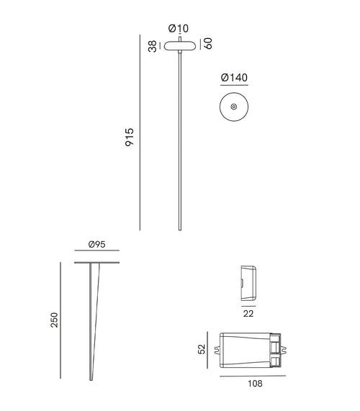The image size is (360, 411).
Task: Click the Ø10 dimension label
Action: pyautogui.click(x=178, y=28)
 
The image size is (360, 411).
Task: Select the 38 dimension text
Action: pyautogui.click(x=153, y=45)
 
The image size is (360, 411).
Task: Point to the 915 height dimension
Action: pyautogui.click(x=130, y=137)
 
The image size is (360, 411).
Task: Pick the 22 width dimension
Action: pyautogui.click(x=248, y=313)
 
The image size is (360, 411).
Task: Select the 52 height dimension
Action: pyautogui.click(x=203, y=349)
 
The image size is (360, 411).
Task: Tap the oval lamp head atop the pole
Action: pyautogui.click(x=178, y=45)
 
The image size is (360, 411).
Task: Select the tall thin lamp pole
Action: pyautogui.click(x=178, y=144)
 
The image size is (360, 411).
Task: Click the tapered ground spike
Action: pyautogui.click(x=94, y=317)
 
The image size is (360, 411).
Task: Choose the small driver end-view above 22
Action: pyautogui.click(x=248, y=281)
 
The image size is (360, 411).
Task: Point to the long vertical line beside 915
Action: pyautogui.click(x=141, y=132)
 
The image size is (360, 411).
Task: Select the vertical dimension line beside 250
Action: pyautogui.click(x=60, y=320)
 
